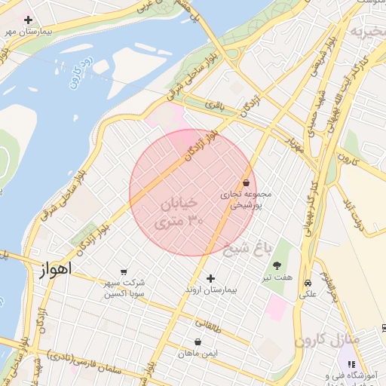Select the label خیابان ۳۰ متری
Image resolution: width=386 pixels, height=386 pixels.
coord(180,213)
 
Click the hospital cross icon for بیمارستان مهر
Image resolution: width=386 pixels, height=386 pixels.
coord(29,20)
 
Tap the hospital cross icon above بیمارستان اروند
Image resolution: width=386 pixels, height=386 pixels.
coord(210,279)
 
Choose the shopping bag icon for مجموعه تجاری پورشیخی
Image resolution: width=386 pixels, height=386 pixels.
coord(246,182)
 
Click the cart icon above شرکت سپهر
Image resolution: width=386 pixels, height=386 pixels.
coord(124,272)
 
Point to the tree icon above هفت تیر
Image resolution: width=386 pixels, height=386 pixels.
coord(277,265)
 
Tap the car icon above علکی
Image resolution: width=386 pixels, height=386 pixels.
coord(308,283)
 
